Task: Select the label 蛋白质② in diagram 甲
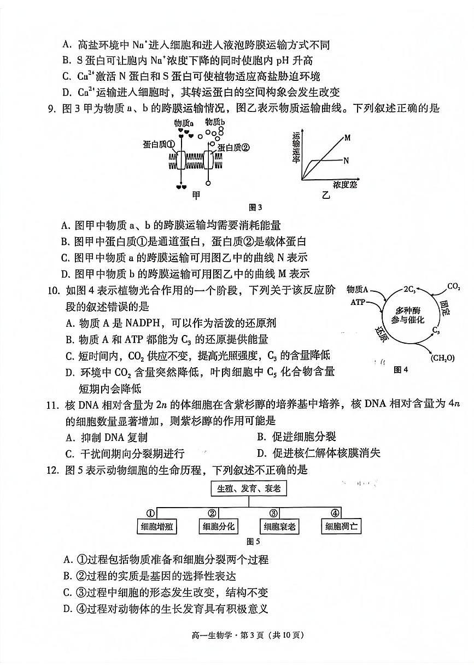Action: point(233,147)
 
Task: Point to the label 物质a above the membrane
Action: point(184,123)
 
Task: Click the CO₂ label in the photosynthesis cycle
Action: point(453,286)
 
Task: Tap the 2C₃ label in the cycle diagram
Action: point(410,288)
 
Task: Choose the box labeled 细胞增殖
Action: point(156,526)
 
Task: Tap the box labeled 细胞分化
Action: point(218,526)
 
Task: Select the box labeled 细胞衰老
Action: point(279,526)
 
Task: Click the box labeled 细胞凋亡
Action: point(341,526)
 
